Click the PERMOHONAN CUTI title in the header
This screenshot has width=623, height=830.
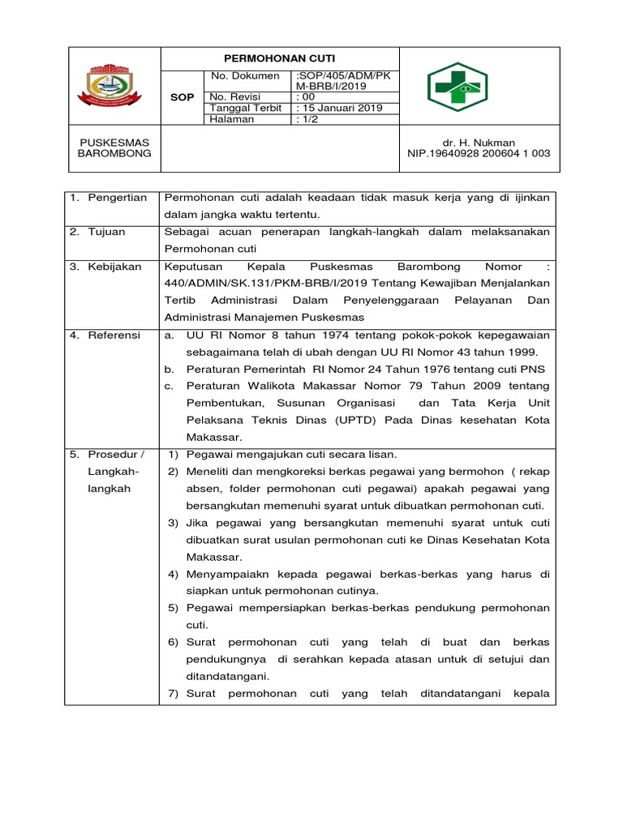pos(279,58)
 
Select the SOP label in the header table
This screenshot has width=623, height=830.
pos(183,97)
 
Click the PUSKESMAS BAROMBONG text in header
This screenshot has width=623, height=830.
pos(114,148)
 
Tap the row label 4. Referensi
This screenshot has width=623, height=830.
pos(109,335)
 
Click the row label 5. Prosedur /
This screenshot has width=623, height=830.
pos(111,454)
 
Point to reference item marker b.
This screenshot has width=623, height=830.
pos(169,369)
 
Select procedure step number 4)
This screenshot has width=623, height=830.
pos(173,574)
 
